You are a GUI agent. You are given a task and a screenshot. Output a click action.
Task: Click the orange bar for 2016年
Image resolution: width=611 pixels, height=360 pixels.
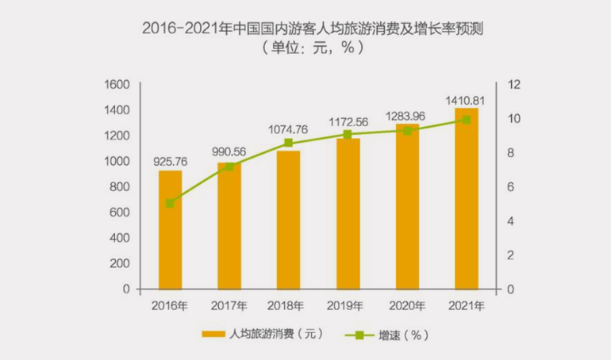(x=170, y=230)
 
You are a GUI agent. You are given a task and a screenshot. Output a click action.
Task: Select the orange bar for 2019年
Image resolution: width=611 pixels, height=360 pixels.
(x=348, y=214)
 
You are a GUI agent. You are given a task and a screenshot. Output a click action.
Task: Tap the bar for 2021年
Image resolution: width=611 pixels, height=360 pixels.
(x=466, y=199)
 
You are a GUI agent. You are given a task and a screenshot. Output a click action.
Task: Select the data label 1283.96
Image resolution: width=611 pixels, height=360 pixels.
(x=406, y=117)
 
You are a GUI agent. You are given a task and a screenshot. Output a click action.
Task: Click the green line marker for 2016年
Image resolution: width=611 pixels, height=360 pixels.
(x=170, y=203)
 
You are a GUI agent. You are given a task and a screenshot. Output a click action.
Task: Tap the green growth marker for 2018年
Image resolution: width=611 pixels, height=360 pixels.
(x=288, y=143)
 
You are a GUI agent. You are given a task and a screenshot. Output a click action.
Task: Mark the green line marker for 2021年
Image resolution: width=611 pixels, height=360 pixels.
(x=466, y=120)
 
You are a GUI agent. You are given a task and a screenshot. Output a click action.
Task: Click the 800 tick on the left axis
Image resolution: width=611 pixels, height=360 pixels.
(x=120, y=187)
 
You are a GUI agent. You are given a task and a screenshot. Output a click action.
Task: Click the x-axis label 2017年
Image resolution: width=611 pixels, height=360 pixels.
(x=229, y=304)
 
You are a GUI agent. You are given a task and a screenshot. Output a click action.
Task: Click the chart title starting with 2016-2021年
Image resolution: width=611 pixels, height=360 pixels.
(x=305, y=29)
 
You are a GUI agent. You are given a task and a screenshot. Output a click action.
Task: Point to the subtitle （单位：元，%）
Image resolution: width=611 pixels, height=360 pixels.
(x=305, y=49)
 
